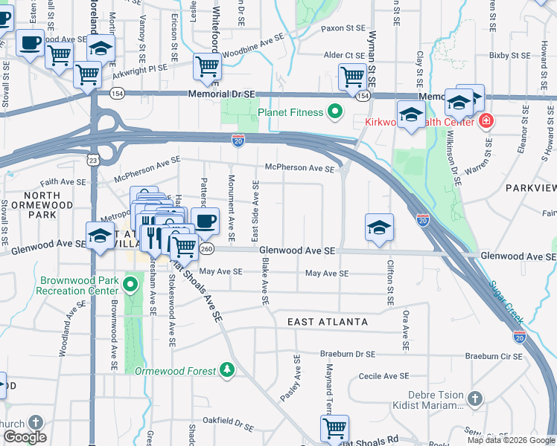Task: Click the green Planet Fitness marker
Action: pos(335,112)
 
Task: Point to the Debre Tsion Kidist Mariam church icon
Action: pos(475,400)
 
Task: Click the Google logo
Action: pos(24,437)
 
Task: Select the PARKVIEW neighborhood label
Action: pos(530,188)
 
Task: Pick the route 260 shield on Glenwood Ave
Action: pos(207,249)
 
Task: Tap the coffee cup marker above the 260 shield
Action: pos(205,220)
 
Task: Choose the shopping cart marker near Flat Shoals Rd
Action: pos(334,428)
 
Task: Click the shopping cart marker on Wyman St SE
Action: pos(351,77)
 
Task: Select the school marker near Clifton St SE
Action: pos(379,227)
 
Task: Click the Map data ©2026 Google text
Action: pos(510,440)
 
